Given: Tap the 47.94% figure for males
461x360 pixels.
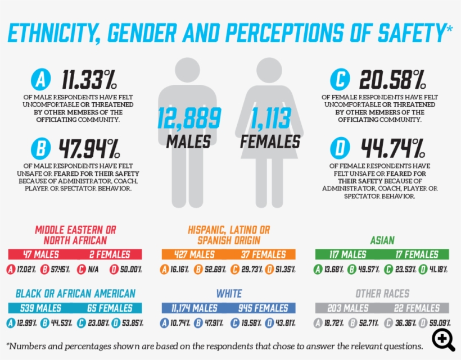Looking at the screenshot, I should point(90,148).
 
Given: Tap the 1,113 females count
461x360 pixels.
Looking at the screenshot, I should point(270,119).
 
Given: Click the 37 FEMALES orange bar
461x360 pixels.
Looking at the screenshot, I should point(264,254).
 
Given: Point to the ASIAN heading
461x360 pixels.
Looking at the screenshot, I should point(382,240).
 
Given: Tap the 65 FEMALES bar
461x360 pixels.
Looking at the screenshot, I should point(110,308).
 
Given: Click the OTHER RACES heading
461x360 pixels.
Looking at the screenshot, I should point(382,294).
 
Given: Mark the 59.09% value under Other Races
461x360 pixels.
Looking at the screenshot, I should point(439,323).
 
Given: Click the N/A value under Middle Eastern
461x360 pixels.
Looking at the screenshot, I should point(90,270).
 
